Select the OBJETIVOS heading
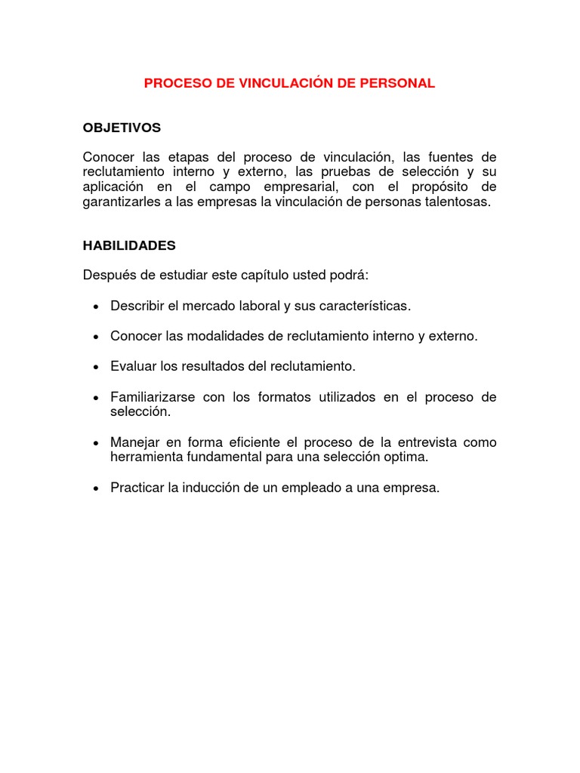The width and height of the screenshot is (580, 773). click(x=122, y=128)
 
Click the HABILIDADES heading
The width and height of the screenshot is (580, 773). click(x=129, y=246)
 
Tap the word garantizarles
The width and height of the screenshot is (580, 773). click(x=122, y=202)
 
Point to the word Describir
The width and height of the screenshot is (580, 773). click(x=140, y=306)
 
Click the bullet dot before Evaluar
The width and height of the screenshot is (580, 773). click(x=95, y=367)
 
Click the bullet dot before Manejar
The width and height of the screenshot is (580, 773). click(x=95, y=443)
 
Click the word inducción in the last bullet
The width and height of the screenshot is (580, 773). click(x=209, y=488)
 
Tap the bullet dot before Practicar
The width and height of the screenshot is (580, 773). click(x=95, y=489)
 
